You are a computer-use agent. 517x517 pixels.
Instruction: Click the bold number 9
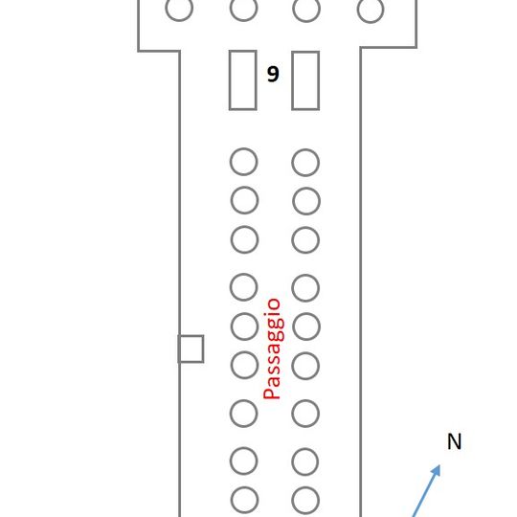point(273,74)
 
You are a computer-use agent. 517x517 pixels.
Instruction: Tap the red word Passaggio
point(273,348)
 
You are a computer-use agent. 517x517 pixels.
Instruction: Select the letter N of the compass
point(455,441)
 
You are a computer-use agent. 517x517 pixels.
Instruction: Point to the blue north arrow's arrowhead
point(436,470)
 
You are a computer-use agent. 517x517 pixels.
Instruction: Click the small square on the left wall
point(191,336)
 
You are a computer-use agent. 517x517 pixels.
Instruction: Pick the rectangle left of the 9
point(230,80)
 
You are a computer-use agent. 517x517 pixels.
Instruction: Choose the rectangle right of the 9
point(292,80)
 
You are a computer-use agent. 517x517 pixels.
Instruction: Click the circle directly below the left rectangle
point(231,162)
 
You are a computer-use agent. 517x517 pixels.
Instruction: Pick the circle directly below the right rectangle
point(292,163)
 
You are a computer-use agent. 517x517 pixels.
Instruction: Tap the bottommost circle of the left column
point(232,500)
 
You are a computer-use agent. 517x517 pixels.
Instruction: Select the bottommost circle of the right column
point(292,501)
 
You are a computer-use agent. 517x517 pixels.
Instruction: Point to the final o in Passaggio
point(273,305)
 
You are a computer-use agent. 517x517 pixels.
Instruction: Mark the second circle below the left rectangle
point(231,200)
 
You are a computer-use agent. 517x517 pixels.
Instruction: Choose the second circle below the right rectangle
point(293,201)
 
